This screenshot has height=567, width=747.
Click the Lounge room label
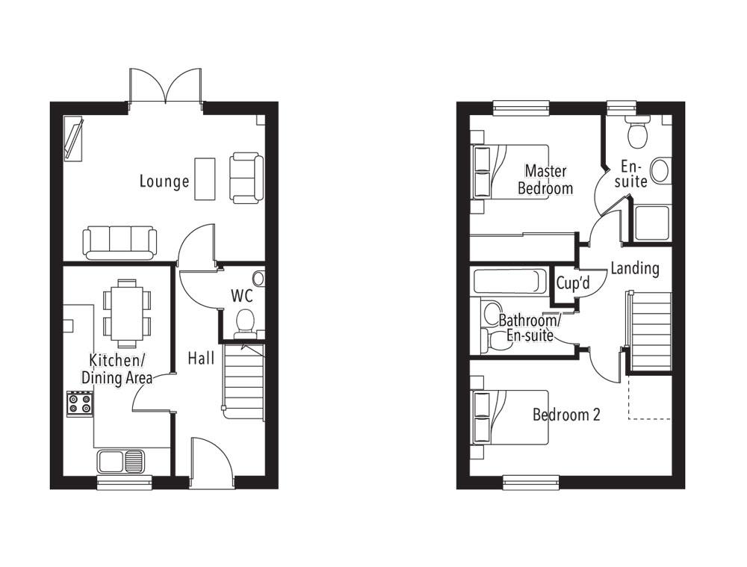164,181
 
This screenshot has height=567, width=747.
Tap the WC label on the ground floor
241,296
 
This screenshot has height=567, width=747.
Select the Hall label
201,358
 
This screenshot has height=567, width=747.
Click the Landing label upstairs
634,267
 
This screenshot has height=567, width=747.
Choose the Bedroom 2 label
565,415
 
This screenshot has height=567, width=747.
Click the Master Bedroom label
545,179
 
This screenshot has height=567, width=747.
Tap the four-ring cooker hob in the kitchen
80,403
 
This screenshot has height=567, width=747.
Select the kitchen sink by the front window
120,461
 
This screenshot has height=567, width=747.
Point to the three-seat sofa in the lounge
120,241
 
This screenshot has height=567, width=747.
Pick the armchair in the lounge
245,177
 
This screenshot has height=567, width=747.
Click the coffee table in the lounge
205,179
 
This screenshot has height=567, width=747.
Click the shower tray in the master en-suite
652,222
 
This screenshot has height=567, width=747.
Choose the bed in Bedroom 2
508,417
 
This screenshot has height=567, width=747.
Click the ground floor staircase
244,382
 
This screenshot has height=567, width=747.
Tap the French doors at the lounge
166,86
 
